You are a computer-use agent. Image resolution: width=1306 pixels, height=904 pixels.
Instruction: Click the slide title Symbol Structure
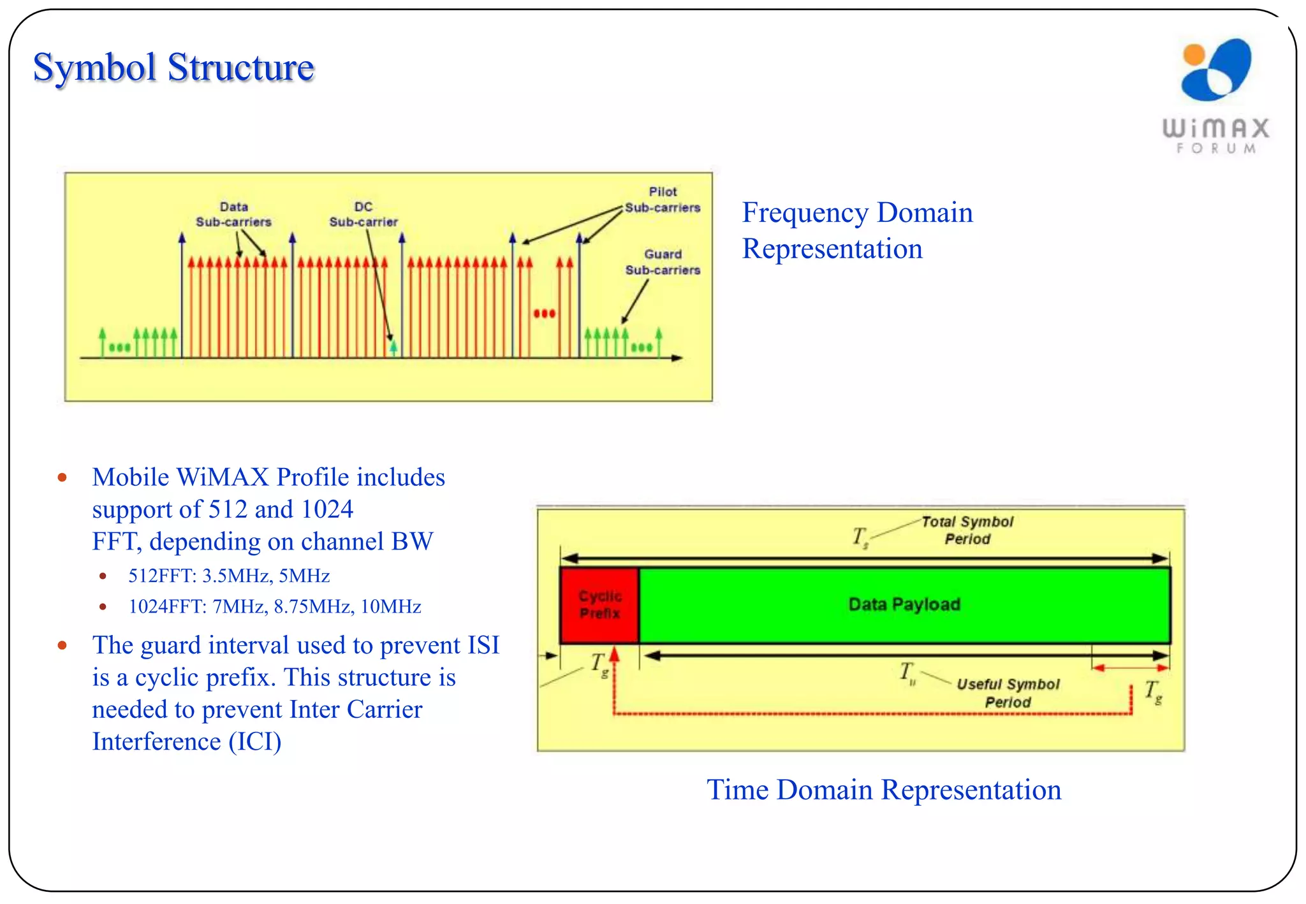[173, 68]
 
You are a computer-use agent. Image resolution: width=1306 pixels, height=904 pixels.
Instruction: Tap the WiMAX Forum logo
[1215, 96]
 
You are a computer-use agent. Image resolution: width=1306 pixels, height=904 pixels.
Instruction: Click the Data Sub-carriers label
[233, 214]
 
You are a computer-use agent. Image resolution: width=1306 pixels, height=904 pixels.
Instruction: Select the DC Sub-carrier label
[363, 214]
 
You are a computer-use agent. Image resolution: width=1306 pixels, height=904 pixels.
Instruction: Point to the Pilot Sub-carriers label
[663, 200]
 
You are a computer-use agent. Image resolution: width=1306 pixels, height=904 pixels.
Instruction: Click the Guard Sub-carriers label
[663, 262]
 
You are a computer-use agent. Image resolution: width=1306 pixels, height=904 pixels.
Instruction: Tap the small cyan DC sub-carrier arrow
[393, 347]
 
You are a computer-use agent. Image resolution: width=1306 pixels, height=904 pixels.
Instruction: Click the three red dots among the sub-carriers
[544, 313]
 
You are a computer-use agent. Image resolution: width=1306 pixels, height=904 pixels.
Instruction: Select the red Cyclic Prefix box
[599, 604]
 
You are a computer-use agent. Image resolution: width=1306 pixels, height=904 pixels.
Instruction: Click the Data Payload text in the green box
[904, 604]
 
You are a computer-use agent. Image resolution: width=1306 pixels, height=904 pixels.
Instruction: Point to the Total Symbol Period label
[967, 530]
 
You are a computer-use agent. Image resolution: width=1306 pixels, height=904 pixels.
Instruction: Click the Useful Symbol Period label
[1008, 692]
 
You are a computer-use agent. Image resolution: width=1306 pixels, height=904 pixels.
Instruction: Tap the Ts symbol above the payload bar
[860, 537]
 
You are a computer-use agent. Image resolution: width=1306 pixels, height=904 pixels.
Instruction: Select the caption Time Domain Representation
[884, 789]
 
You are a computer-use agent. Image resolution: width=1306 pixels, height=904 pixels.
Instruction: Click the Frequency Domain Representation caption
[857, 230]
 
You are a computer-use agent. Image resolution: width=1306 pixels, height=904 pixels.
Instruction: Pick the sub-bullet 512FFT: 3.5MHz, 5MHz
[229, 576]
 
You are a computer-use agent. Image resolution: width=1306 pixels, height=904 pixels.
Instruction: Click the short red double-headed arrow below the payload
[1129, 667]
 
